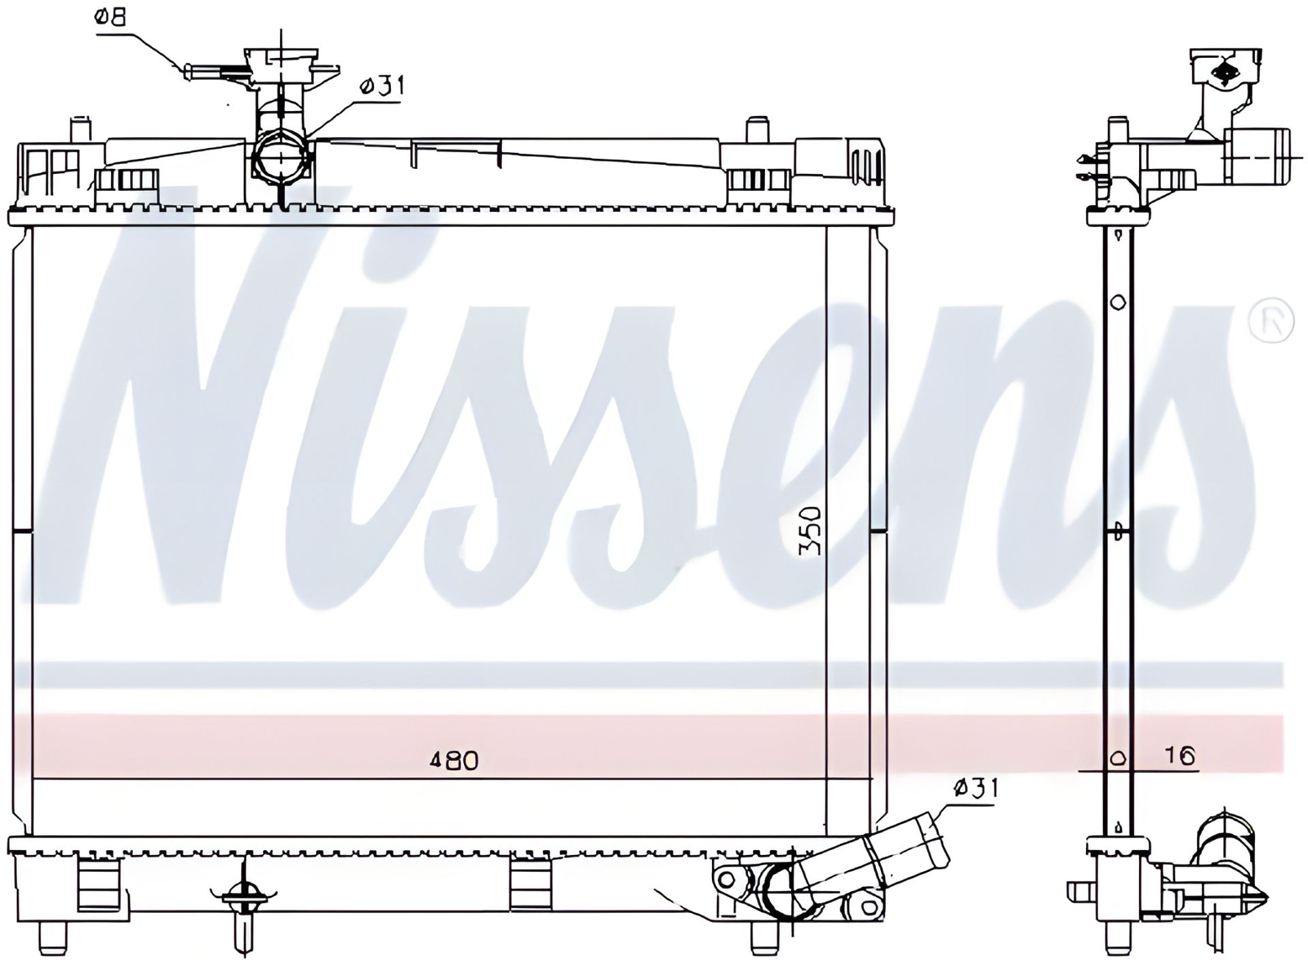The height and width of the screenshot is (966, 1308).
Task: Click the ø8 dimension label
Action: pos(111,17)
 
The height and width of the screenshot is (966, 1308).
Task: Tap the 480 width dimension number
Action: pos(454,760)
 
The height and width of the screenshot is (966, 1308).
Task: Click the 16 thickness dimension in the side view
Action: pos(1180,756)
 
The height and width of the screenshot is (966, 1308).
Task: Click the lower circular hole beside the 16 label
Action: pos(1118,758)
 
